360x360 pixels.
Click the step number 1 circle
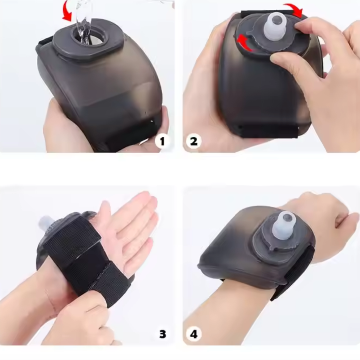162,141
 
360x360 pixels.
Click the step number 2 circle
193,141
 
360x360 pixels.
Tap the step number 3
163,334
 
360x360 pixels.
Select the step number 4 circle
194,334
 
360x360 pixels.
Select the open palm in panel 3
129,232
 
